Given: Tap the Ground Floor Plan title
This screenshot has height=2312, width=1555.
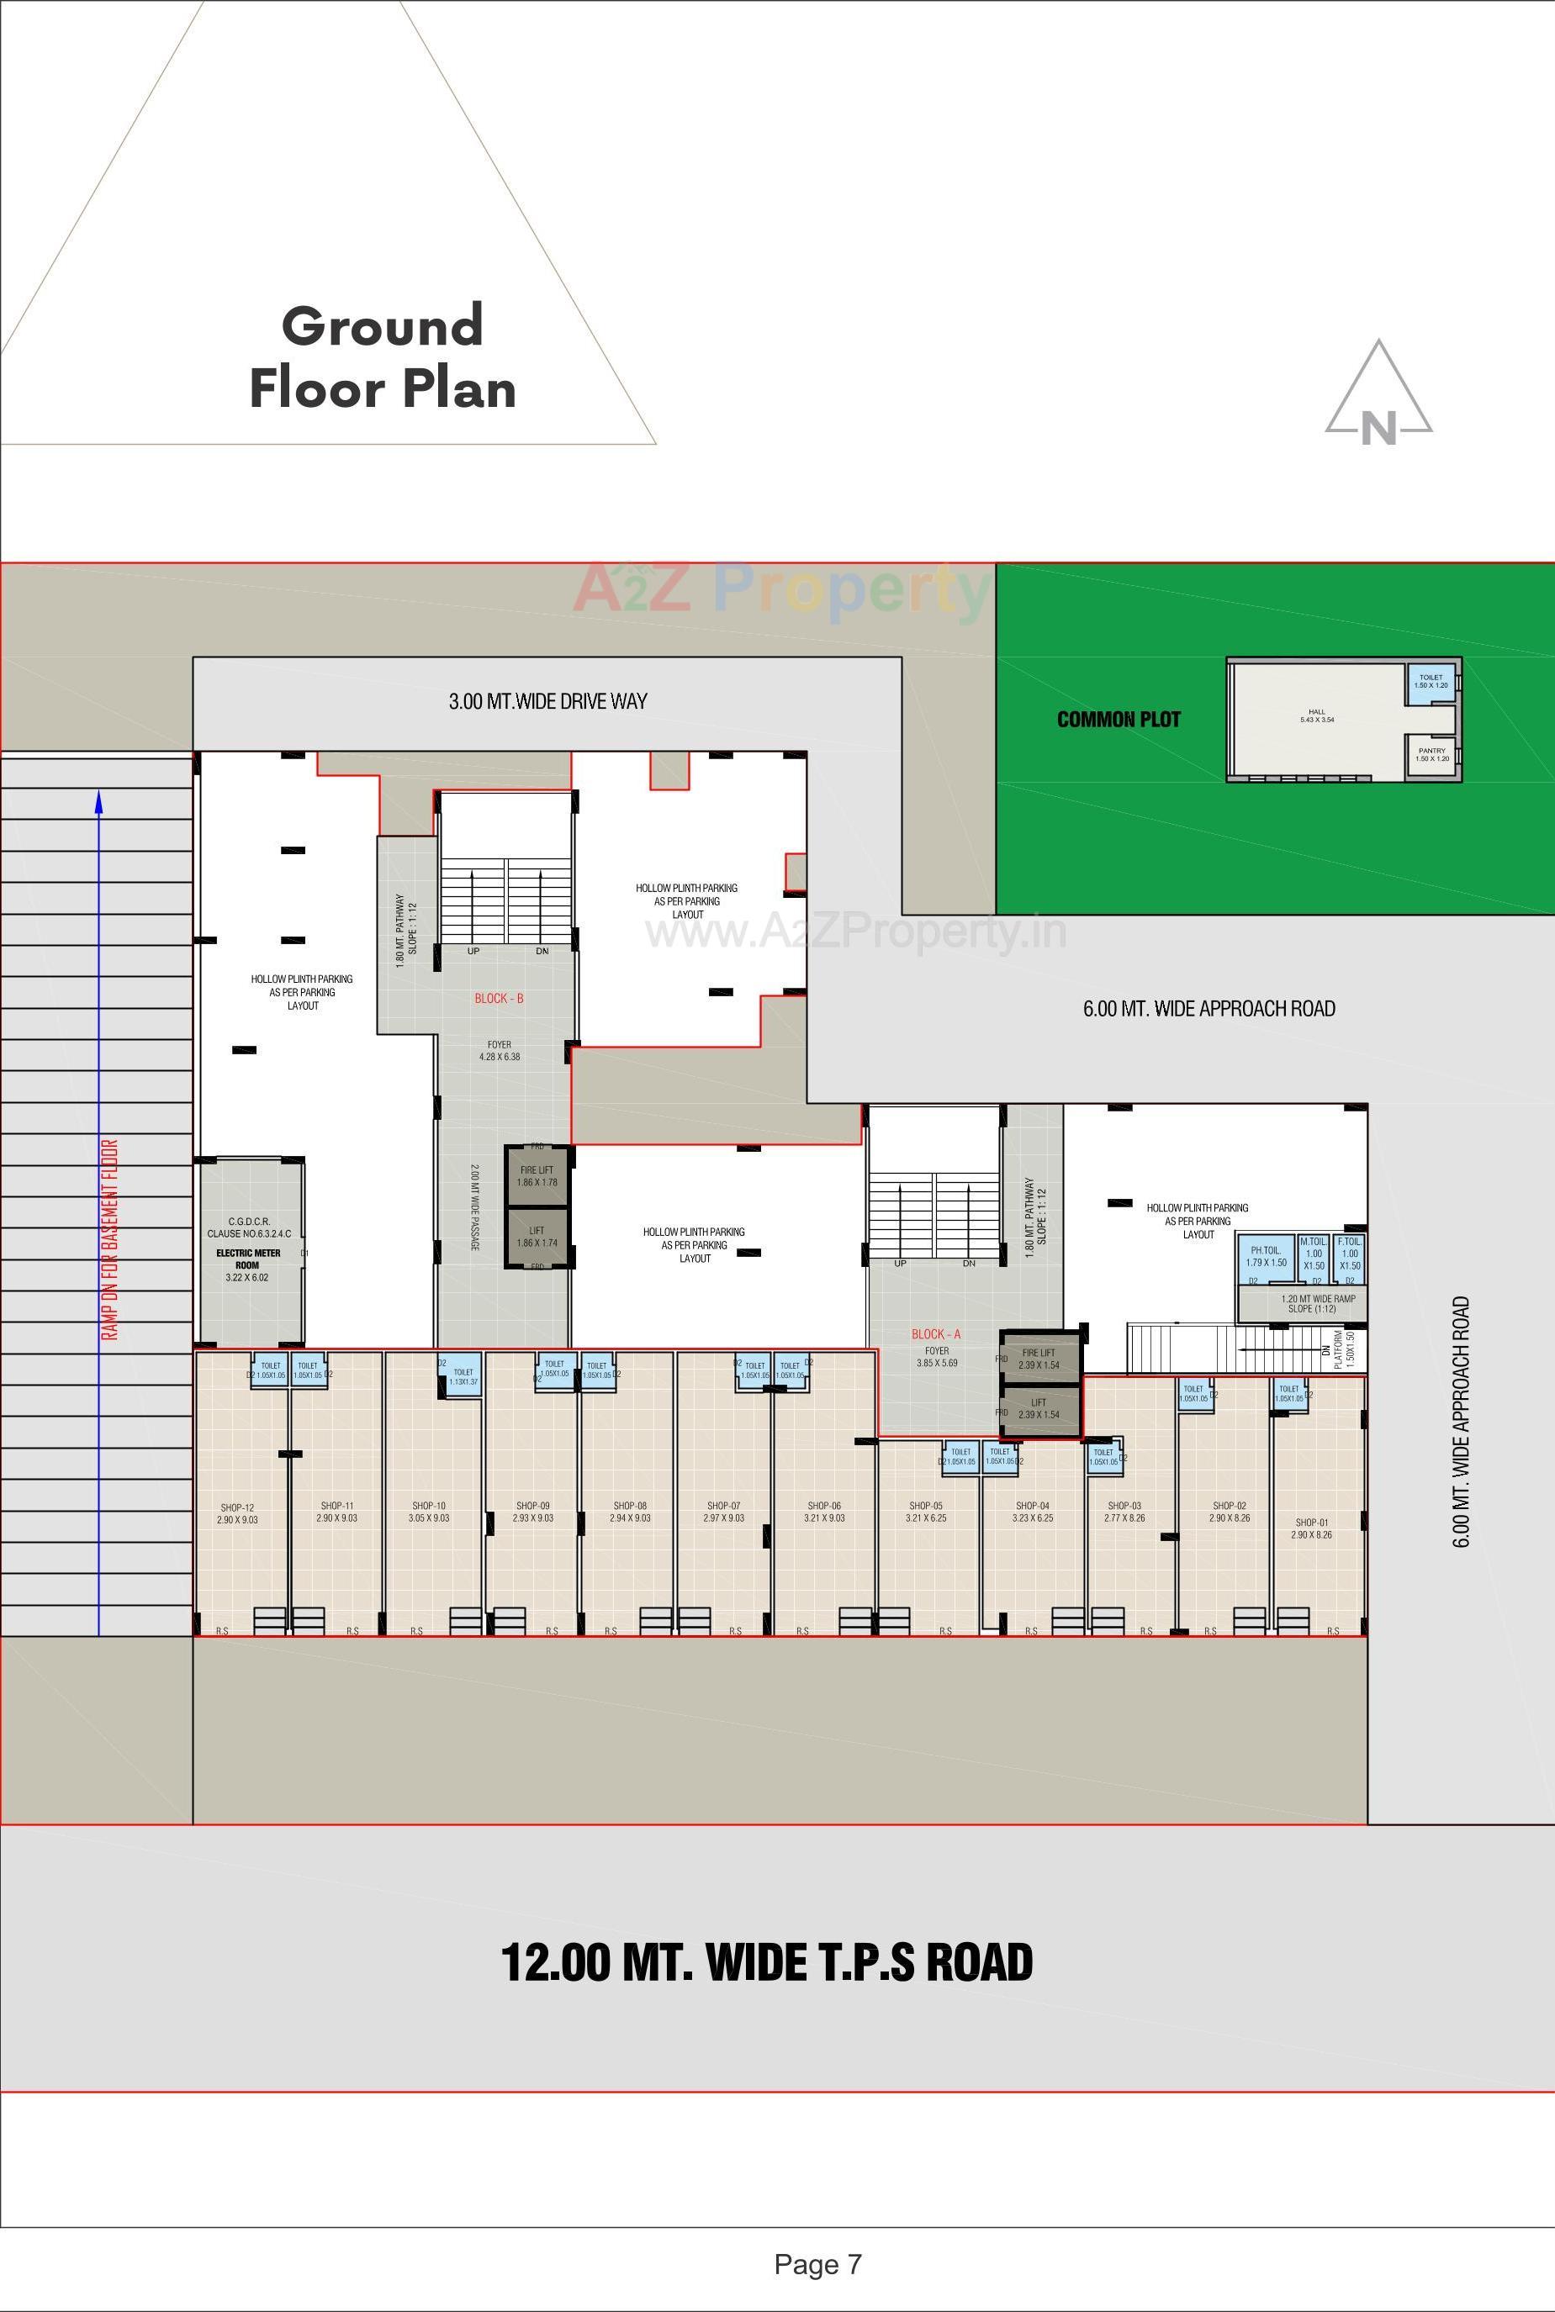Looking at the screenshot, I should (x=383, y=357).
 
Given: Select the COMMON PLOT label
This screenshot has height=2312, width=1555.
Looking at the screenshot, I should (x=1118, y=720).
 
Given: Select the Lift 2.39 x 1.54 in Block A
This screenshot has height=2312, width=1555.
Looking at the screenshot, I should (x=1039, y=1408).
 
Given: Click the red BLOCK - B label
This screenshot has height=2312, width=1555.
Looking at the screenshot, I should (x=499, y=999).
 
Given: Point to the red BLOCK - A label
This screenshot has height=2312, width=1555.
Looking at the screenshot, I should (x=936, y=1334).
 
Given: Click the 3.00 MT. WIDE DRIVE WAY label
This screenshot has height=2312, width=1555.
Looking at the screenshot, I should (x=547, y=702).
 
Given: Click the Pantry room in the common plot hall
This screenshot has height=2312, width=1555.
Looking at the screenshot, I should (x=1431, y=754).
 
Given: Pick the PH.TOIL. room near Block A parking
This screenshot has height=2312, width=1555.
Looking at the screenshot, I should (x=1267, y=1257).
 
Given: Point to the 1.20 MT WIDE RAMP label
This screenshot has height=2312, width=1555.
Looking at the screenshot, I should (x=1318, y=1303).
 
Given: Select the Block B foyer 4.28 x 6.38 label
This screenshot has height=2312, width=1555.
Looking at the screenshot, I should (x=499, y=1051).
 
